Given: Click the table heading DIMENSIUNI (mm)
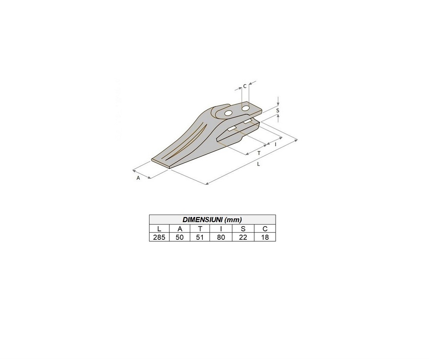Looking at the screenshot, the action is point(212,220).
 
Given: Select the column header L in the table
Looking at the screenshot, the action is point(159,229).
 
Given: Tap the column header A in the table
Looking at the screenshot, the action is point(180,229).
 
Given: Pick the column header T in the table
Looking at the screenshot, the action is point(200,229).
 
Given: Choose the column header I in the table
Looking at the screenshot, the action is point(221,229).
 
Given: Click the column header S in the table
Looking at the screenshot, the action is point(243,229).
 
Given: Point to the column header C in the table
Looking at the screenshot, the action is point(265,229).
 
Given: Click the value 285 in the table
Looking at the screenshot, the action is point(159,237).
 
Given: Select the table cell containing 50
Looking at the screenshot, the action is point(180,237).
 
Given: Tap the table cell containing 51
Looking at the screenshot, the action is point(200,237).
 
